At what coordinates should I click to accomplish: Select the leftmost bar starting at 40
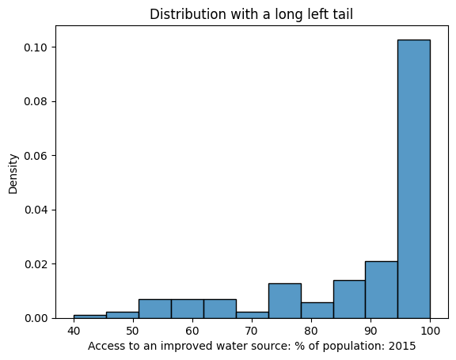(x=89, y=316)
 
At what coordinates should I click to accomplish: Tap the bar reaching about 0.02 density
(x=381, y=290)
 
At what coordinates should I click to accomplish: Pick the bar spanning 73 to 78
(x=284, y=301)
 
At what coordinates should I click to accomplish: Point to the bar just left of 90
(x=348, y=299)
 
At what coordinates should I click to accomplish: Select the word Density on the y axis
(x=13, y=173)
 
